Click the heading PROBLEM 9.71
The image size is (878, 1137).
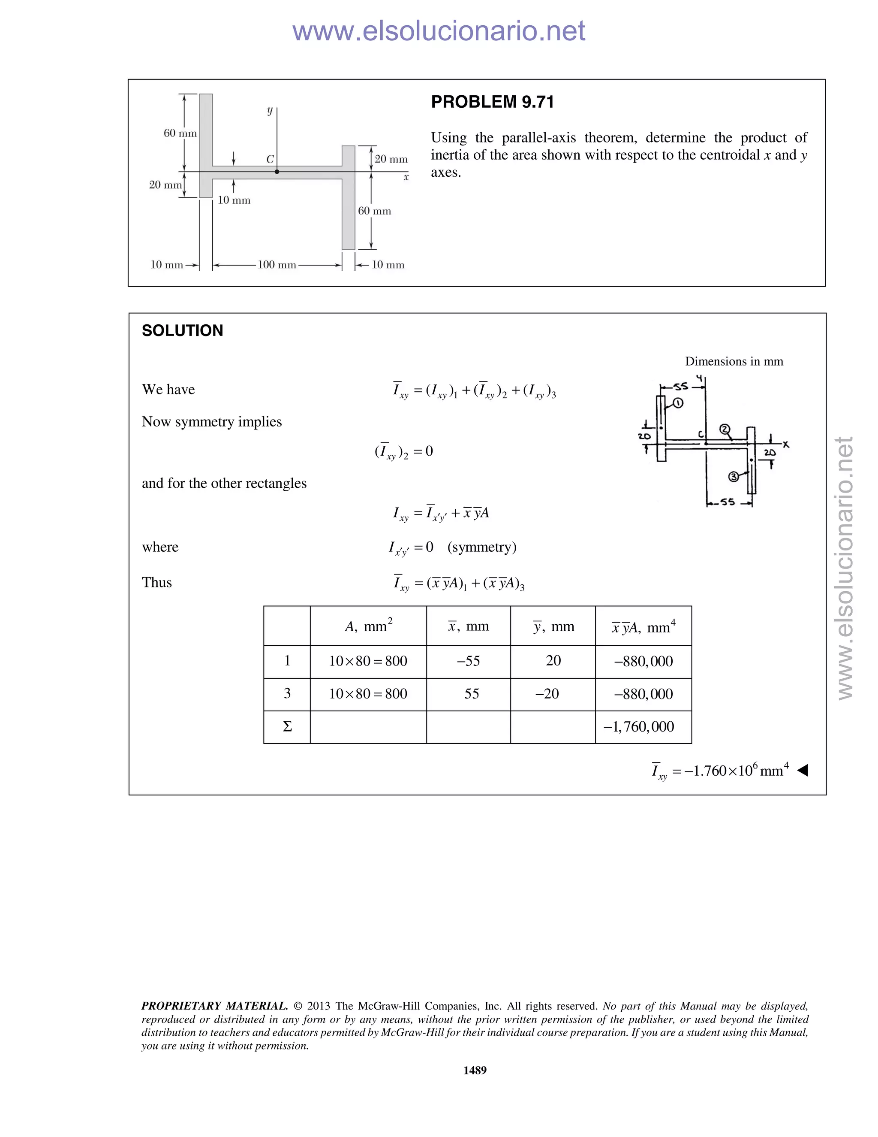tap(492, 102)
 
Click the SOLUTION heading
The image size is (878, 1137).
tap(182, 330)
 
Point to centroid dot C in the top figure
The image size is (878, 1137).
tap(277, 172)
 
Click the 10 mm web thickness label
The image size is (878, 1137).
tap(234, 200)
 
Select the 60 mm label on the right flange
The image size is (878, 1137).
tap(375, 211)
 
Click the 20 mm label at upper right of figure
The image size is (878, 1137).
tap(391, 159)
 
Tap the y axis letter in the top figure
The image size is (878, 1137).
tap(269, 110)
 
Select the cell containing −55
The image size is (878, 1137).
tap(468, 661)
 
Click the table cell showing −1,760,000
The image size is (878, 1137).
tap(643, 727)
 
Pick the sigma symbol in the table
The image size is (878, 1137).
tap(287, 727)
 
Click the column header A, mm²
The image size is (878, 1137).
tap(368, 626)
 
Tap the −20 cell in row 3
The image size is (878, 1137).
tap(547, 694)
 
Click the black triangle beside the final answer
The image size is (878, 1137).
tap(803, 770)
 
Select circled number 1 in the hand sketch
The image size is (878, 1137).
tap(678, 403)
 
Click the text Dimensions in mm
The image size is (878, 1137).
tap(734, 361)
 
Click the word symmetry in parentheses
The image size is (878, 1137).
tap(481, 547)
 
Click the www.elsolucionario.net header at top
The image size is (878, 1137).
tap(439, 31)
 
